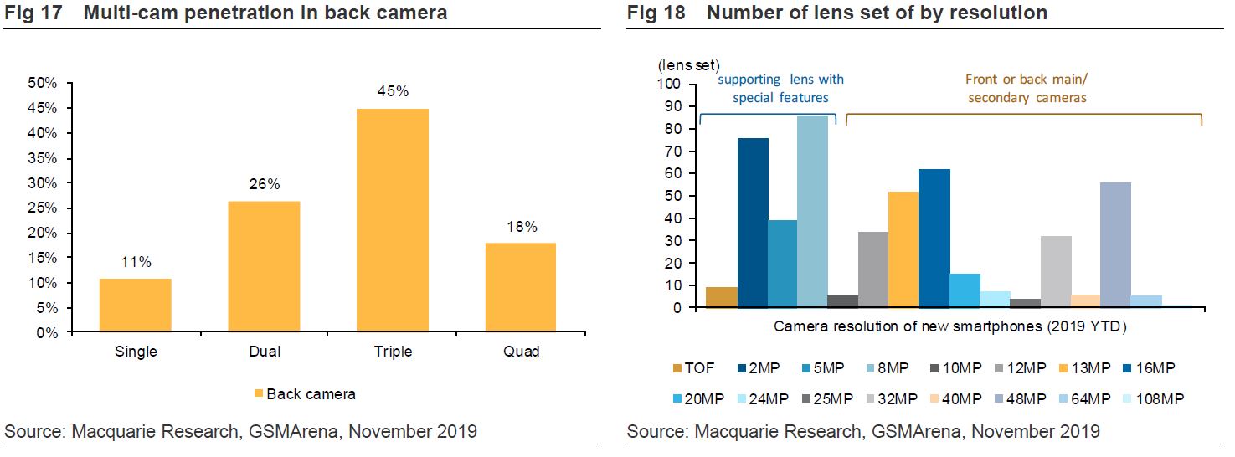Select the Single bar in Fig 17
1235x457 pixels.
point(135,305)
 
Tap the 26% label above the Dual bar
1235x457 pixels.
point(264,185)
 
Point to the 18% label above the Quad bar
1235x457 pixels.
point(520,227)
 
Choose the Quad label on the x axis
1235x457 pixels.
point(521,352)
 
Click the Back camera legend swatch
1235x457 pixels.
point(260,393)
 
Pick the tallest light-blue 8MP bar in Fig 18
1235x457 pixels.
point(812,211)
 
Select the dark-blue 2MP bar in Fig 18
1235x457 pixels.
point(753,223)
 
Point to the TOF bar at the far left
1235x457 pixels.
point(721,297)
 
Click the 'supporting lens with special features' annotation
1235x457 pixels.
point(780,89)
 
